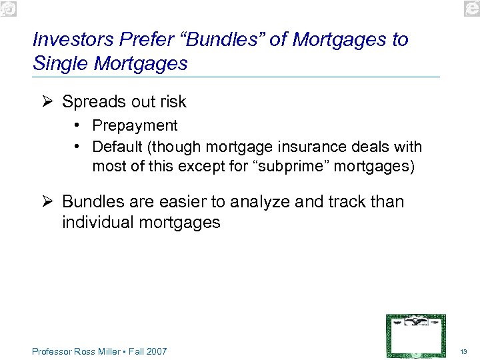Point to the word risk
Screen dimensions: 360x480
pos(173,102)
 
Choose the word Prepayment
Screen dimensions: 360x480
pos(135,125)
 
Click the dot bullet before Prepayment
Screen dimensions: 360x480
pos(79,125)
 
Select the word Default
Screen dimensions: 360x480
pos(115,146)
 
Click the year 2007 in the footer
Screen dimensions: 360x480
pos(157,351)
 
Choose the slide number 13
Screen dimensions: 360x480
pos(464,351)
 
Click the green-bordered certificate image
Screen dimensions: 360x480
pos(415,335)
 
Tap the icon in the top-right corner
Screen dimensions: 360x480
pos(470,8)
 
